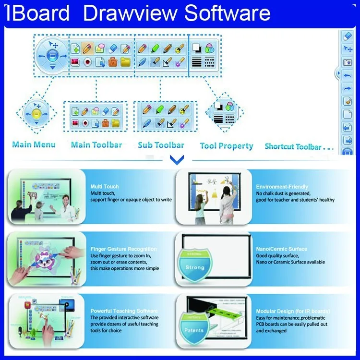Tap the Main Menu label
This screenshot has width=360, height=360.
tap(34, 144)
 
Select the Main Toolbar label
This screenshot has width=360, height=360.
tap(96, 144)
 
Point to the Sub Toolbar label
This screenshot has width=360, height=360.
tap(161, 145)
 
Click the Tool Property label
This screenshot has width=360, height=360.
tap(226, 146)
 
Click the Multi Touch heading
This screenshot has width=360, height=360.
tap(105, 187)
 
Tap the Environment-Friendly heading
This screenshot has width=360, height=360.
tap(282, 187)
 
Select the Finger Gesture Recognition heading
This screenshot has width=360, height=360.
tap(123, 249)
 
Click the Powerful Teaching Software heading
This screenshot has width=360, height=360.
tap(124, 311)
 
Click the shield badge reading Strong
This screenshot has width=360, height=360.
tap(194, 265)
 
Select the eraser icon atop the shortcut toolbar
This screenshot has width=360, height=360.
tap(348, 36)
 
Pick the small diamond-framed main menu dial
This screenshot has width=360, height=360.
tap(36, 114)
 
